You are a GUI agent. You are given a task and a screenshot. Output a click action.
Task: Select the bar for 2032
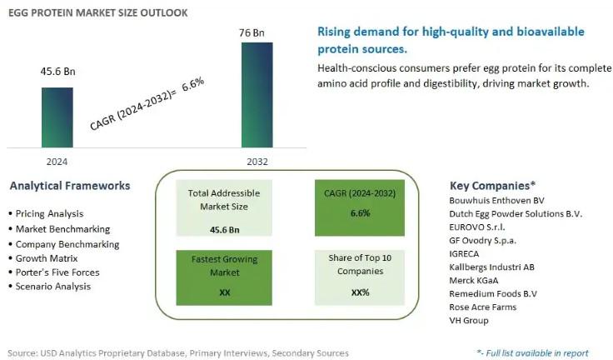tap(257, 95)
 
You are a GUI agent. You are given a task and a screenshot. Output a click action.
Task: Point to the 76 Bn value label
tap(257, 33)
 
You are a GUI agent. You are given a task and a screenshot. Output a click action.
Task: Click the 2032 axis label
tap(257, 161)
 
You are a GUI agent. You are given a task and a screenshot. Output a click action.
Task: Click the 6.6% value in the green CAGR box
tap(360, 213)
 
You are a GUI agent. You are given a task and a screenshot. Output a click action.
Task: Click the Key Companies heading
tap(492, 185)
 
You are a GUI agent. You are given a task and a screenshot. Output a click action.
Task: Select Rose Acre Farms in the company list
tap(482, 307)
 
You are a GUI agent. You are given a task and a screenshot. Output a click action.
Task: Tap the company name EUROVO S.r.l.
tap(476, 227)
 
